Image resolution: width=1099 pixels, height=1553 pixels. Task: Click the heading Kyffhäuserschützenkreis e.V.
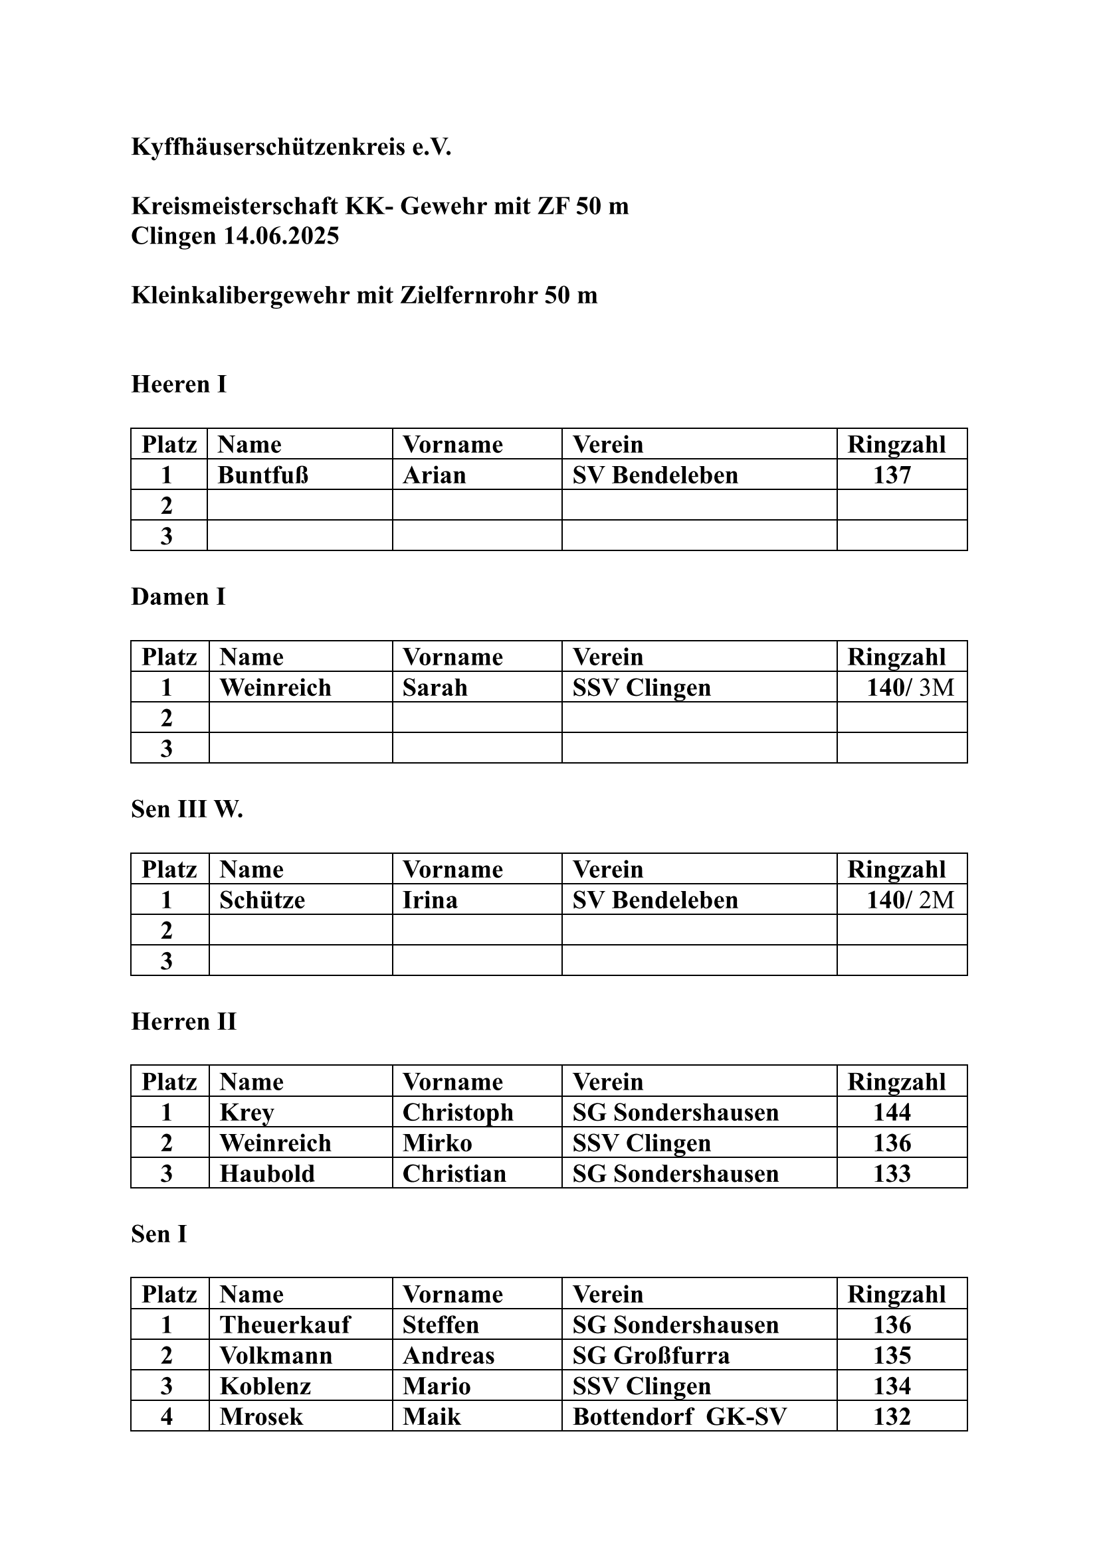pos(291,147)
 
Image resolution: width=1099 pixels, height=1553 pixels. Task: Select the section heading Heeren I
pos(179,384)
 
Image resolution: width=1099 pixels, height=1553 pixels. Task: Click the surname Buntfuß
pos(262,475)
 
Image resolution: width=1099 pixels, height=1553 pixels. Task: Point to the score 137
pos(892,475)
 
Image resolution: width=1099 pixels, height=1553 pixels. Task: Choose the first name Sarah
pos(435,687)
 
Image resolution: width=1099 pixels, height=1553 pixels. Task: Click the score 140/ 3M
pos(910,687)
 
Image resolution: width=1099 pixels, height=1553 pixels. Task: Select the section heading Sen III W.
pos(187,809)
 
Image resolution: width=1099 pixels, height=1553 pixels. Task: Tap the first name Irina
pos(430,900)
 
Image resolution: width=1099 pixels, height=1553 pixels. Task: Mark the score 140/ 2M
pos(910,900)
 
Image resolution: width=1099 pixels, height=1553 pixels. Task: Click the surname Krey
pos(247,1112)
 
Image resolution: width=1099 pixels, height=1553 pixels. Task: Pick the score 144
pos(892,1112)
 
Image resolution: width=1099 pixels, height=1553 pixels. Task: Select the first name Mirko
pos(437,1143)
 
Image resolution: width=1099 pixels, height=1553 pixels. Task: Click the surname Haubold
pos(267,1173)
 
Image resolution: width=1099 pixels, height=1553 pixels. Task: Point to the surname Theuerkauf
pos(285,1325)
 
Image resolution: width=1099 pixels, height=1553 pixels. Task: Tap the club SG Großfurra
pos(651,1355)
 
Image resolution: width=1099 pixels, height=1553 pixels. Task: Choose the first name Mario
pos(437,1386)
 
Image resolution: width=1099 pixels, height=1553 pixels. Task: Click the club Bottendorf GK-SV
pos(680,1416)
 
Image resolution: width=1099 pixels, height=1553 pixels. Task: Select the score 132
pos(892,1416)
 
